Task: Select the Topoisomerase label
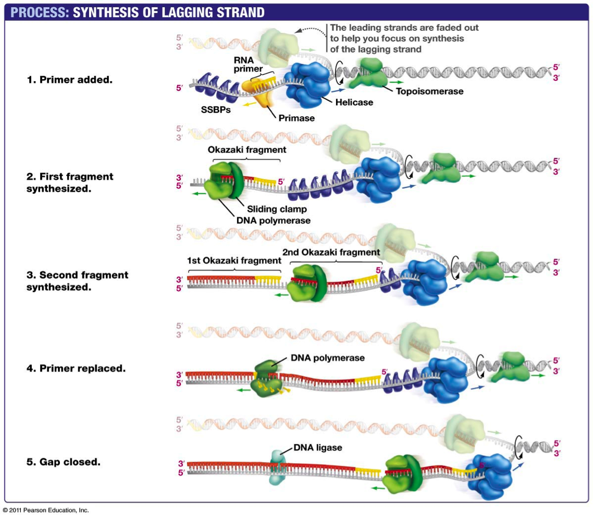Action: (x=429, y=92)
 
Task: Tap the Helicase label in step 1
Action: (x=354, y=102)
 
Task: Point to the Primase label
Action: (x=296, y=118)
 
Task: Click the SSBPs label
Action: (x=216, y=110)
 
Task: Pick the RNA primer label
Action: (x=244, y=65)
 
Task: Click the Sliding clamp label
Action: (x=277, y=209)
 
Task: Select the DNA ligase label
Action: (x=317, y=447)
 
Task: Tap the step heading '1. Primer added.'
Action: (x=69, y=80)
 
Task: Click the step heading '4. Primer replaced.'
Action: (x=76, y=368)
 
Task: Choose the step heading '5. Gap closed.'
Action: (x=64, y=462)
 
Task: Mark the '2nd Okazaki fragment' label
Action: (x=331, y=252)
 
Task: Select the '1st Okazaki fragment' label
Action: (x=234, y=261)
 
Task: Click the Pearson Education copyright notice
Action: (x=46, y=510)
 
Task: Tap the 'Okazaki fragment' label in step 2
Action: (x=247, y=150)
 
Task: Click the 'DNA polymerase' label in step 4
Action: (x=327, y=358)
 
